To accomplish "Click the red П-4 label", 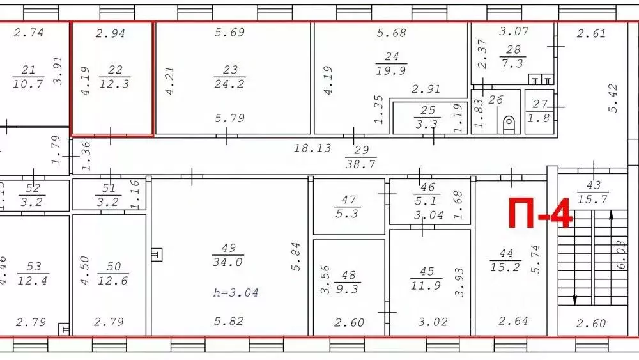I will (x=540, y=213).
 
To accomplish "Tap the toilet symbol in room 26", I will (x=509, y=123).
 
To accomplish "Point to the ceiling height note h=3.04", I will (x=236, y=292).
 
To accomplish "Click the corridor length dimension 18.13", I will (x=312, y=148).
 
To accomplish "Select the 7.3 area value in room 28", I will (x=512, y=63).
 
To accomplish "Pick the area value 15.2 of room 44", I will (x=505, y=267).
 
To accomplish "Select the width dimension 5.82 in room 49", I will (x=228, y=321).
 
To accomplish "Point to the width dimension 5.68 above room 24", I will (x=392, y=33).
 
